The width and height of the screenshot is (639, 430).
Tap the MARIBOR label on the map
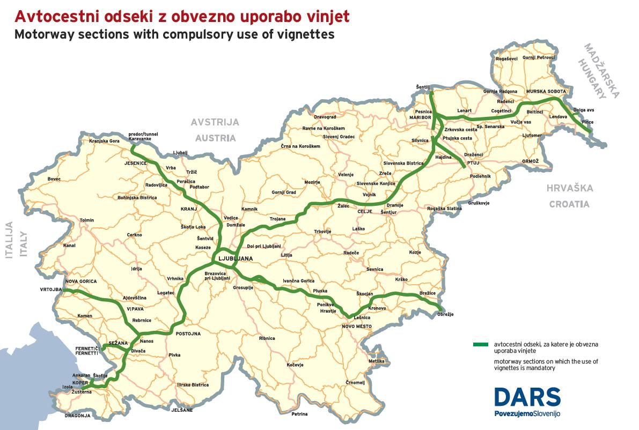click(421, 116)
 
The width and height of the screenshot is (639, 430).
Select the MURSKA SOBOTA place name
click(546, 92)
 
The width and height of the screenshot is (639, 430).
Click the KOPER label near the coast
click(80, 382)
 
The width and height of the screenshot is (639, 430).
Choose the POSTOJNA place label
click(188, 333)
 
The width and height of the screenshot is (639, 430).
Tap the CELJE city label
click(365, 212)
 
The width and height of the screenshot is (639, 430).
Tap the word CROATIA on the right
click(568, 204)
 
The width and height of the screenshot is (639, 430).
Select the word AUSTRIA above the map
click(215, 138)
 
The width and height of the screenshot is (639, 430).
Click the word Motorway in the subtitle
click(43, 35)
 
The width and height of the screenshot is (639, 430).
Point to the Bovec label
click(55, 179)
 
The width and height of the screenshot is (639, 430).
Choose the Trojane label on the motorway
click(277, 219)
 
